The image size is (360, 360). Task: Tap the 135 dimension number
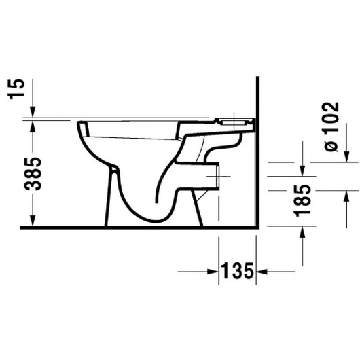[x=236, y=272]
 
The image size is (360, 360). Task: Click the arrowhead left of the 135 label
[x=212, y=272]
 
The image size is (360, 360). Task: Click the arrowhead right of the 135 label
[x=261, y=272]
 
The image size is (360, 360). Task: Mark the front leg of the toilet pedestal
[x=107, y=204]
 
